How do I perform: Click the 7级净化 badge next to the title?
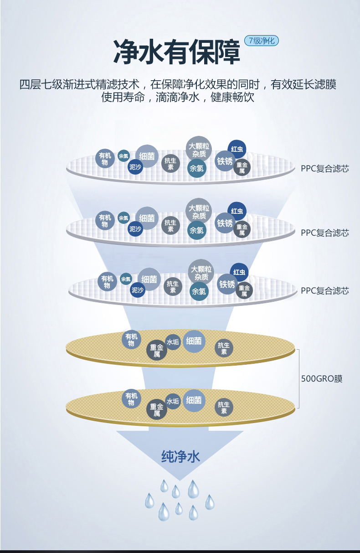262,41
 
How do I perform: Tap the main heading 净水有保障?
177,52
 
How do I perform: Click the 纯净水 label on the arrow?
180,456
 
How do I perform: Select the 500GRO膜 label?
322,378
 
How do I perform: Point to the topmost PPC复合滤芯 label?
324,168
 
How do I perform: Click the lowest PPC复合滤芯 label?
324,290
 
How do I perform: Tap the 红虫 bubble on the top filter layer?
237,149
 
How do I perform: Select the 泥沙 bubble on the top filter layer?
135,167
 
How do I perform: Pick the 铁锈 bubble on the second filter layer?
225,223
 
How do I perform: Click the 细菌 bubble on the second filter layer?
147,218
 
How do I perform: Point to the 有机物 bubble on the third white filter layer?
107,282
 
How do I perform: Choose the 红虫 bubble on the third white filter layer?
239,272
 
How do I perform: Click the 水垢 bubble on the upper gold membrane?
173,341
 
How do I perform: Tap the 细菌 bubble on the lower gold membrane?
194,400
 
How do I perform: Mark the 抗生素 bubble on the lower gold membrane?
224,408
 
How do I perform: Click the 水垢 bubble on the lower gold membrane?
173,401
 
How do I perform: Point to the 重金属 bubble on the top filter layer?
242,168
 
